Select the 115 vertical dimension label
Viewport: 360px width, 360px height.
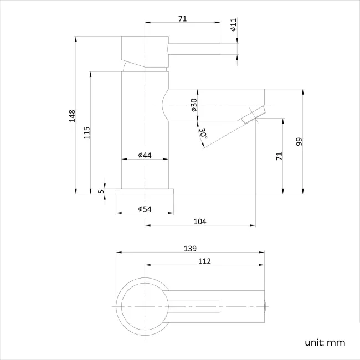pyautogui.click(x=87, y=133)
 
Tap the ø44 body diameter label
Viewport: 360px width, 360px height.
pyautogui.click(x=145, y=156)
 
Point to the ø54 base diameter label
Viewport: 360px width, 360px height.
pyautogui.click(x=145, y=209)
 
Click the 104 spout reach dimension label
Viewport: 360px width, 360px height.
pyautogui.click(x=200, y=221)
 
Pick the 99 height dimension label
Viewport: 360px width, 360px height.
pyautogui.click(x=299, y=142)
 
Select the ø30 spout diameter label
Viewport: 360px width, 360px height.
pyautogui.click(x=194, y=105)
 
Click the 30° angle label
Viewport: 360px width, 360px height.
pyautogui.click(x=203, y=133)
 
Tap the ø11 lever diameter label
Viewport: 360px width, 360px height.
pyautogui.click(x=233, y=25)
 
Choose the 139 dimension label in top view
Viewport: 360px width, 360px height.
pyautogui.click(x=190, y=249)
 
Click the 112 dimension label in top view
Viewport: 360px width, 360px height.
pyautogui.click(x=203, y=261)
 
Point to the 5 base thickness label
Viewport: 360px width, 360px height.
pyautogui.click(x=100, y=191)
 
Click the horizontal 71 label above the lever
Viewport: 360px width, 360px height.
pyautogui.click(x=182, y=19)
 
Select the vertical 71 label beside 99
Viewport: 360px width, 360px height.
pyautogui.click(x=279, y=156)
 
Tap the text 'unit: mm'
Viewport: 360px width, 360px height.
pyautogui.click(x=325, y=342)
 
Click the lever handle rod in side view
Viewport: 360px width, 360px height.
pyautogui.click(x=194, y=49)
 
